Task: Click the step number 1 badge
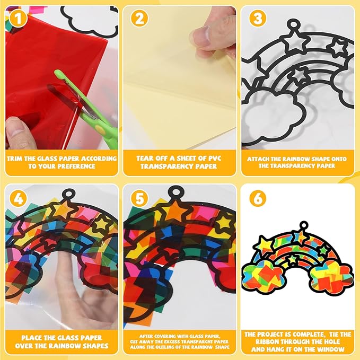[x=18, y=18]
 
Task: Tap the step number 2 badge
[x=139, y=18]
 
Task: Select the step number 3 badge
[x=258, y=18]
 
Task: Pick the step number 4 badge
[x=18, y=198]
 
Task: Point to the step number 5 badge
[x=139, y=198]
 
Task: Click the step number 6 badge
[x=258, y=198]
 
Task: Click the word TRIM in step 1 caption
[x=15, y=159]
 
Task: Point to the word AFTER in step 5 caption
[x=146, y=336]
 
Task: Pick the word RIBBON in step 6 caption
[x=268, y=341]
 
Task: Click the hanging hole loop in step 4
[x=68, y=194]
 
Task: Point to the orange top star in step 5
[x=176, y=211]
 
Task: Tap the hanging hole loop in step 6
[x=303, y=225]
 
